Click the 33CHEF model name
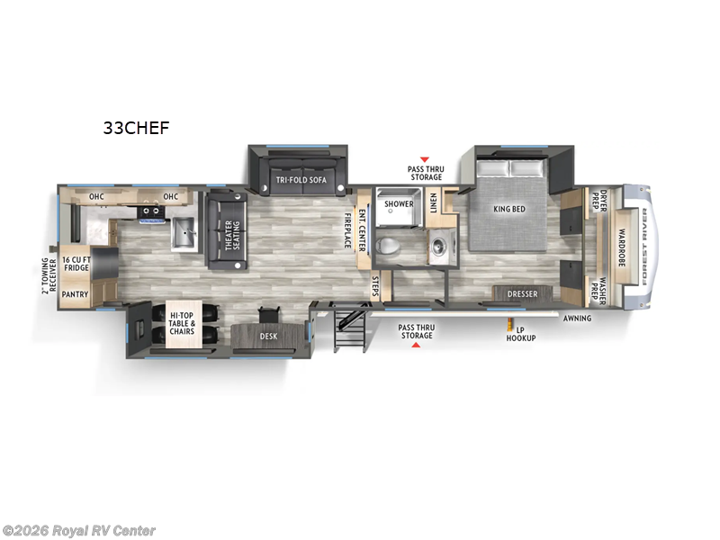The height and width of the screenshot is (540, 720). (x=135, y=128)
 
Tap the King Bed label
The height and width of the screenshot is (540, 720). (x=508, y=210)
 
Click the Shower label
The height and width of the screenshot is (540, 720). (x=399, y=204)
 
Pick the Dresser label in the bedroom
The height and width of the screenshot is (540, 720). (x=522, y=294)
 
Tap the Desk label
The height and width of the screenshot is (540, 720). (x=267, y=337)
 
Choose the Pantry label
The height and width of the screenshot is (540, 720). (x=73, y=293)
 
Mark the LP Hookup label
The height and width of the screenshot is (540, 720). (x=520, y=334)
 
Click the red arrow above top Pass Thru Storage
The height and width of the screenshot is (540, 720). (x=425, y=159)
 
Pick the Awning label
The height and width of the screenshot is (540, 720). (x=578, y=318)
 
